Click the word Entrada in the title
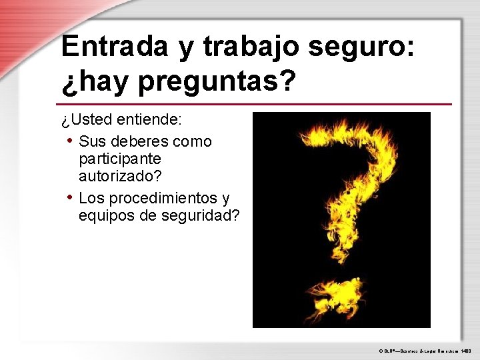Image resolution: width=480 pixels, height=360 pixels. click(x=115, y=46)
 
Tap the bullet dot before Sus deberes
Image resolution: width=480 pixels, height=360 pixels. click(x=70, y=141)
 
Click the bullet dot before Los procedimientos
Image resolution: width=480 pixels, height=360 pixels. click(x=70, y=197)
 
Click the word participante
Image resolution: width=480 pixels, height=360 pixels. click(x=120, y=159)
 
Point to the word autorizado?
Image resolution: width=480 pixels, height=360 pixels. click(x=120, y=177)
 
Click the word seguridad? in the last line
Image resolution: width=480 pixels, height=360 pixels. click(x=201, y=216)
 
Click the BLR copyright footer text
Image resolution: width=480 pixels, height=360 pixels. click(x=424, y=349)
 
